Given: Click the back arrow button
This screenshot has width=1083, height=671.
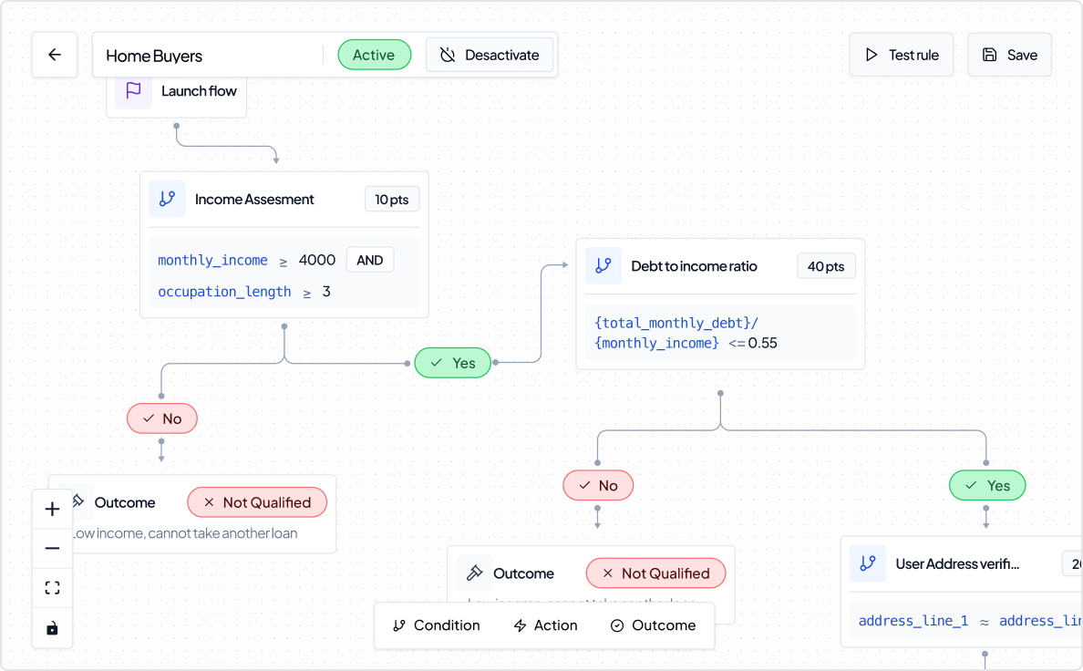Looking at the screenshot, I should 55,55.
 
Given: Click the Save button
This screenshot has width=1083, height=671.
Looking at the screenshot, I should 1009,55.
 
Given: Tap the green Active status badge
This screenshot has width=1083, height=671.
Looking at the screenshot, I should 374,55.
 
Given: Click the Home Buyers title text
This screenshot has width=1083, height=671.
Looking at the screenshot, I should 154,56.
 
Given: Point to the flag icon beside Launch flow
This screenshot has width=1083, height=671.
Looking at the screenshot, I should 133,90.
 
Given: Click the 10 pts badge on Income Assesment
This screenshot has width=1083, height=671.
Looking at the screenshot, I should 392,200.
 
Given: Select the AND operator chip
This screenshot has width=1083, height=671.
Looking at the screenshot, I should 369,260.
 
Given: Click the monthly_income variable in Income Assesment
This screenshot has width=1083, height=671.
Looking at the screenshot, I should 212,261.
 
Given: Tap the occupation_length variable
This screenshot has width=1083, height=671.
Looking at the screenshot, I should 224,292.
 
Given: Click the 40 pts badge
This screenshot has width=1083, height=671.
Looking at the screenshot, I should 826,266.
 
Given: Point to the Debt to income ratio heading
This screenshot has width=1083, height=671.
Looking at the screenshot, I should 694,266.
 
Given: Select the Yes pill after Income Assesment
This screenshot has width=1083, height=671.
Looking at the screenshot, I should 453,363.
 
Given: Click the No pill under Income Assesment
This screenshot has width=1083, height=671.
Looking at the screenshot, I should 162,418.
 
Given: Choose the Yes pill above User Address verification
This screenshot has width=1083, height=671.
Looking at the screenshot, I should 987,485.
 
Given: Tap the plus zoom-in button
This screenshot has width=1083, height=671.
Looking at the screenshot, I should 52,510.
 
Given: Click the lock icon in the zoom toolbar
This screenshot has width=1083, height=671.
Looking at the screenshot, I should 52,628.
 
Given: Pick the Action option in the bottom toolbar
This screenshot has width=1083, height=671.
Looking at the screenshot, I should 545,625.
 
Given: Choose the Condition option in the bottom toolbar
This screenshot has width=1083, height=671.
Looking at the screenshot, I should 436,625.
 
